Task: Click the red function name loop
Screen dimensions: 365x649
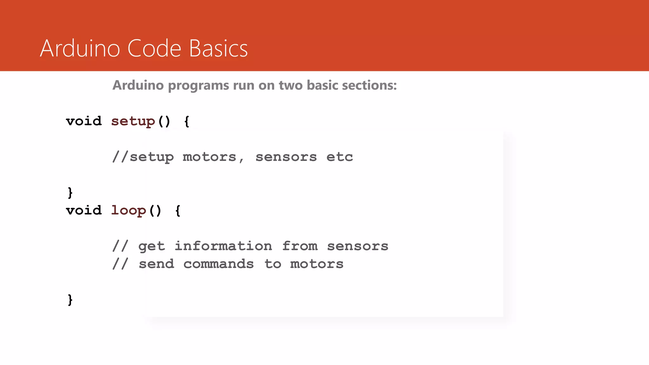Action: click(x=128, y=211)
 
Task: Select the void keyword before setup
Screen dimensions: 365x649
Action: click(x=84, y=121)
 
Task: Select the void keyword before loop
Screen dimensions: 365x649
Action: click(x=84, y=211)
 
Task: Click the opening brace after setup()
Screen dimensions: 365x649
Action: click(x=187, y=122)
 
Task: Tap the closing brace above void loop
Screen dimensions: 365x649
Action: click(x=70, y=193)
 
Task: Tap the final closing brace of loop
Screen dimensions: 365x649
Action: click(x=70, y=300)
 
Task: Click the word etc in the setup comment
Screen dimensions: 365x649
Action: click(x=339, y=157)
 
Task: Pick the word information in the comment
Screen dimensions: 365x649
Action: click(x=223, y=246)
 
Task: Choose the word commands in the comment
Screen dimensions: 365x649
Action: click(x=218, y=264)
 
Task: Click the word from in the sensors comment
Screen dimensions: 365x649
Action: click(x=299, y=246)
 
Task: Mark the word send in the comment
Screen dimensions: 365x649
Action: click(x=156, y=264)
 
